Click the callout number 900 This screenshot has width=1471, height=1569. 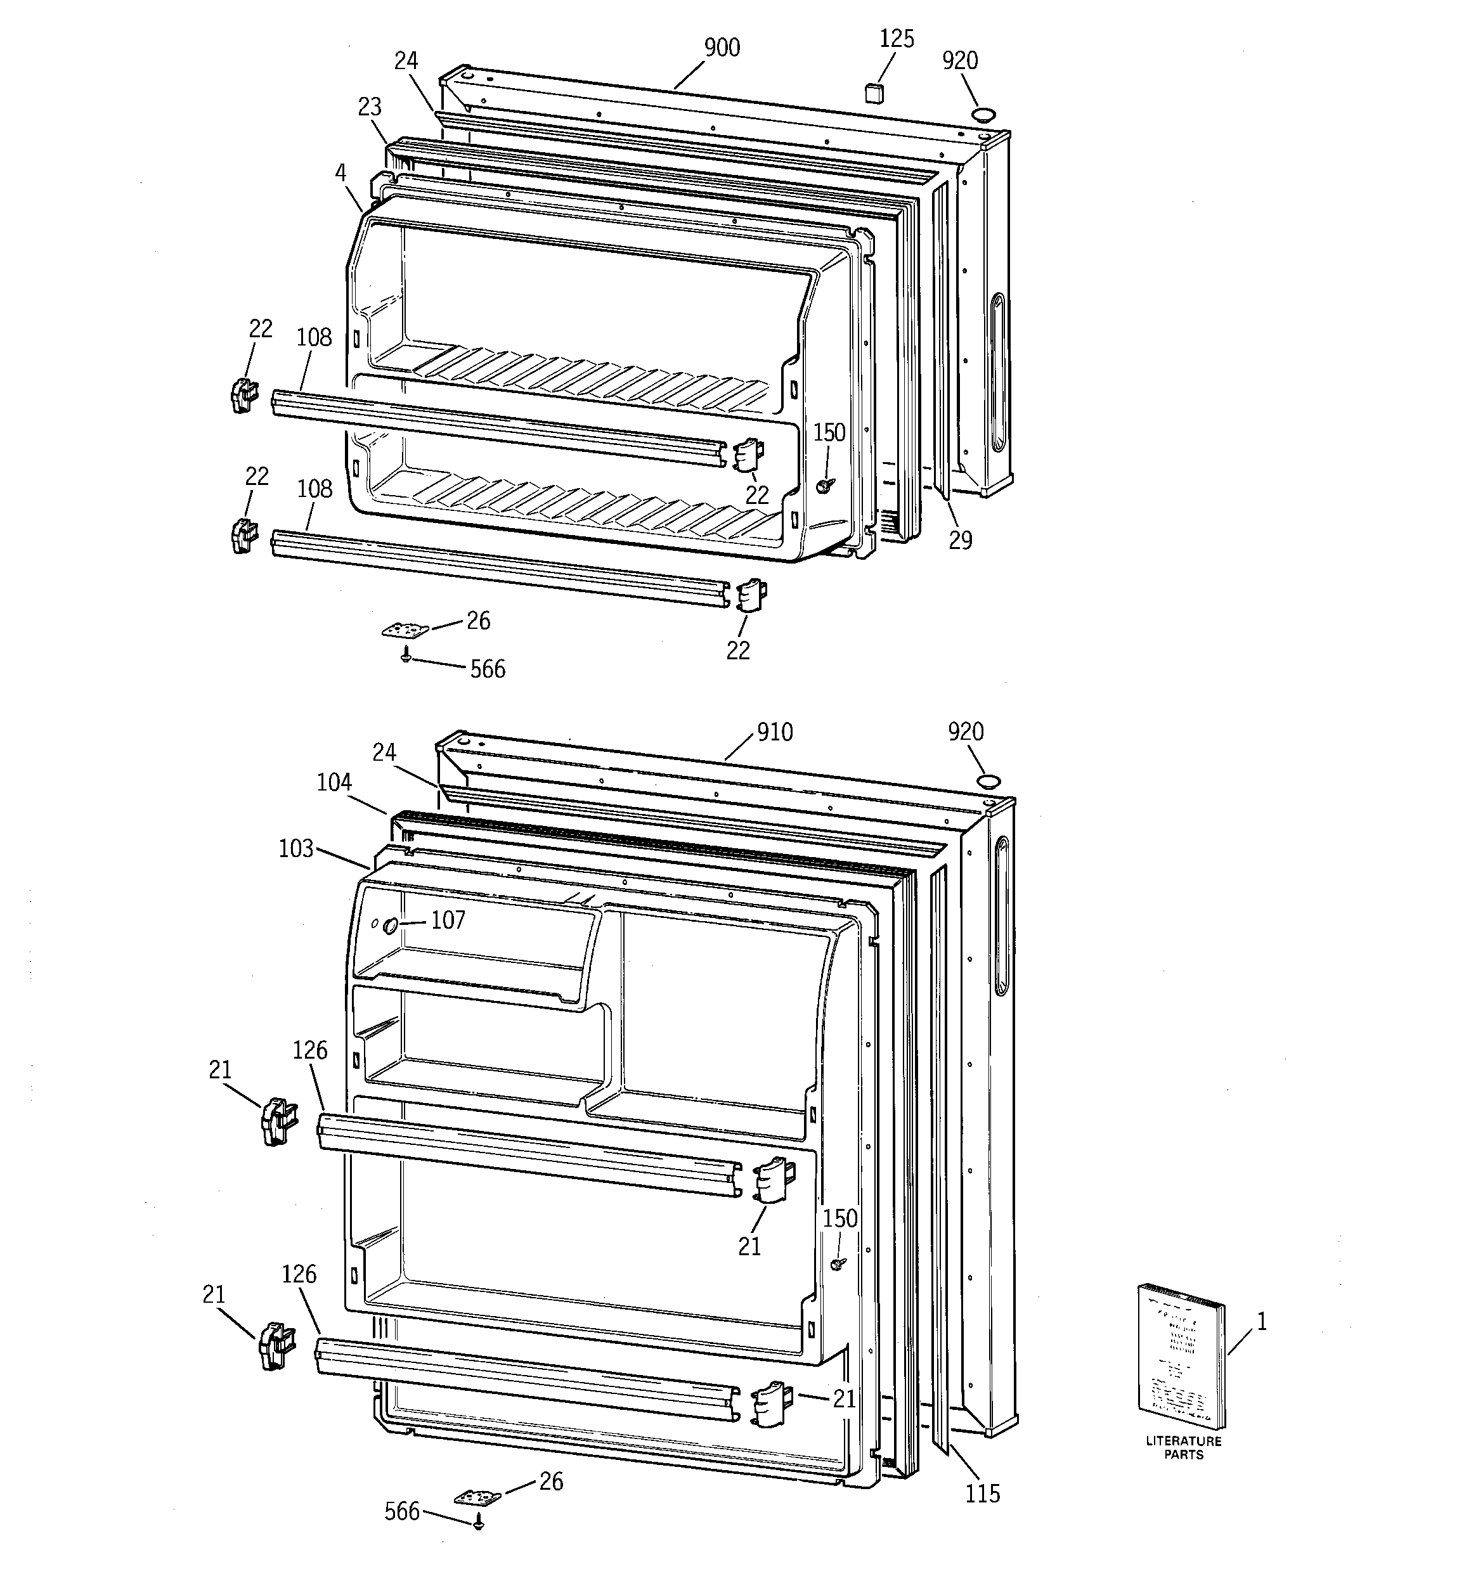click(x=722, y=48)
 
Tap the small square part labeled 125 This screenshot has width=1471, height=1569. click(x=874, y=93)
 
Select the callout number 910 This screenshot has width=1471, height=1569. click(x=775, y=732)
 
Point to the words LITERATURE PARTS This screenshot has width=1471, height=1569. click(x=1183, y=1447)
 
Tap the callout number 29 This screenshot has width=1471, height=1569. click(x=960, y=541)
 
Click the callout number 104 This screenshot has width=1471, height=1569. click(x=334, y=782)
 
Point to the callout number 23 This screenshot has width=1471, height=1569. click(x=370, y=107)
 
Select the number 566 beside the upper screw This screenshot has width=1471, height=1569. click(x=487, y=669)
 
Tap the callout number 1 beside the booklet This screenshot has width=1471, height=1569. click(x=1262, y=1323)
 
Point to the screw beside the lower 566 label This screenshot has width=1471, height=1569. click(x=477, y=1525)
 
